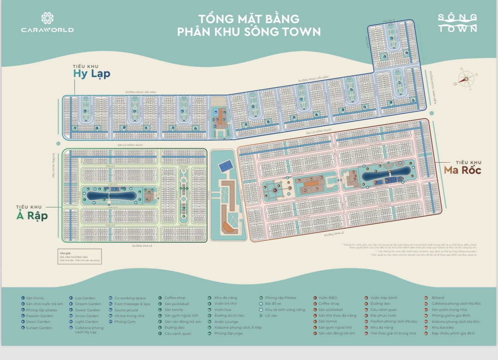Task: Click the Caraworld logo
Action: click(47, 23)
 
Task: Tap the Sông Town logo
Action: click(457, 23)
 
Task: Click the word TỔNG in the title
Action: click(216, 19)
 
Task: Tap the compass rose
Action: click(466, 79)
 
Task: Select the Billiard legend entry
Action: click(438, 298)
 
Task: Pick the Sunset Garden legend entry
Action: click(38, 328)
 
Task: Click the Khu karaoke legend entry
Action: click(443, 327)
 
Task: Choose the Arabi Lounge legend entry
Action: click(226, 321)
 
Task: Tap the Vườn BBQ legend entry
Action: click(327, 298)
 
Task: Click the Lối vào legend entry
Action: click(271, 316)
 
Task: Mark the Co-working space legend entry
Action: click(130, 298)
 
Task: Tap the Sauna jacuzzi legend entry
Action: click(126, 310)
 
